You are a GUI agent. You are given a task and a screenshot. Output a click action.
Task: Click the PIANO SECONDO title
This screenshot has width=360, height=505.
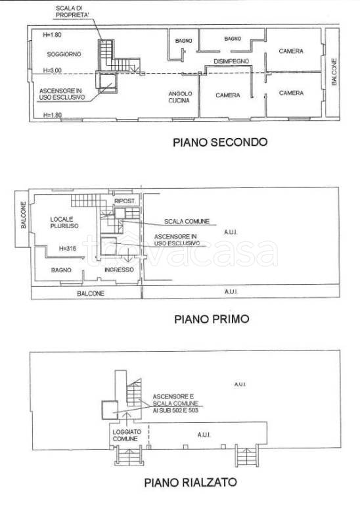[219, 141]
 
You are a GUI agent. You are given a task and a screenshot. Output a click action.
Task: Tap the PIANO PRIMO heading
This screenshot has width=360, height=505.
[211, 320]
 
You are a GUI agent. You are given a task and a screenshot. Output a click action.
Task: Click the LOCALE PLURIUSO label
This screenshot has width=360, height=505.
[64, 222]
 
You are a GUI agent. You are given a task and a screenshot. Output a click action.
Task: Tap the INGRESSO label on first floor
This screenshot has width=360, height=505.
[119, 270]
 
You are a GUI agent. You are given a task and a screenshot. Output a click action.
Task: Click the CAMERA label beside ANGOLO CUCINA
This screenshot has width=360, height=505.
[228, 95]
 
